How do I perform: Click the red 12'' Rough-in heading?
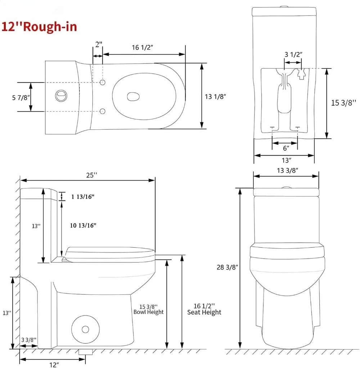[x=39, y=27]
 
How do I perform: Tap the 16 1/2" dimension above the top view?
[x=142, y=48]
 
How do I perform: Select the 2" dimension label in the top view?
[x=99, y=44]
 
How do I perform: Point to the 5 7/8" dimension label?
[x=21, y=97]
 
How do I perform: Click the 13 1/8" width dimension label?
[x=215, y=97]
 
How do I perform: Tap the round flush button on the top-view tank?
[x=61, y=96]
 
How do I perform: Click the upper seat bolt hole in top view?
[x=103, y=82]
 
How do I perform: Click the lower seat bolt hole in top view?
[x=103, y=111]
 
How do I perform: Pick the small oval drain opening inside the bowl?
[x=133, y=97]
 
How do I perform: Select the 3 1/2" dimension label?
[x=293, y=54]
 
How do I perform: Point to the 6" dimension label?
[x=286, y=148]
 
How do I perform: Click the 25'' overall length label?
[x=92, y=175]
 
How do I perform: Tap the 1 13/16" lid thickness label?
[x=83, y=197]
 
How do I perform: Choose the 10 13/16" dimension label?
[x=83, y=225]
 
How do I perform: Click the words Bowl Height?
[x=148, y=312]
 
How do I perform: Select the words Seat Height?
[x=204, y=312]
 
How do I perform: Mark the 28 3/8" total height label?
[x=228, y=267]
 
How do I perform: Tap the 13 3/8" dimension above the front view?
[x=288, y=170]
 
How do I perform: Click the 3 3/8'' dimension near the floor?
[x=29, y=340]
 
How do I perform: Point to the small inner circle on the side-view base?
[x=85, y=329]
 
